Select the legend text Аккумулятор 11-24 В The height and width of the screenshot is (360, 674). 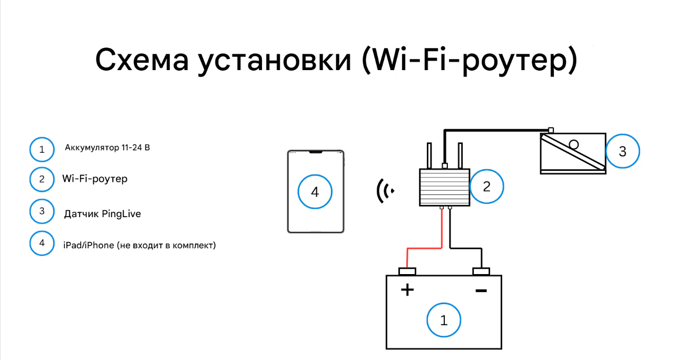coord(108,148)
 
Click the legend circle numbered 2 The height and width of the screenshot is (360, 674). coord(42,180)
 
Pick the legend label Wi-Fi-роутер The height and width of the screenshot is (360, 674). coord(95,179)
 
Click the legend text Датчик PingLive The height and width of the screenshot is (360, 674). coord(102,214)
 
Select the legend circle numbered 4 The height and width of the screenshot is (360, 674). coord(42,243)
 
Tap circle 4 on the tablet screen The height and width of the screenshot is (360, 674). coord(315,192)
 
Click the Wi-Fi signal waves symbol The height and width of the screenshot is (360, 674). coord(384,191)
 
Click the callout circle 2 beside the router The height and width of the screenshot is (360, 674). coord(487,186)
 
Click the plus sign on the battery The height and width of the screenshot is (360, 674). coord(407,289)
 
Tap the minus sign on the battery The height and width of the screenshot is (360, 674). coord(481,290)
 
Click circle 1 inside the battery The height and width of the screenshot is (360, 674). coord(444,320)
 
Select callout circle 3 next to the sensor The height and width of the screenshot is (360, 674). coord(622,151)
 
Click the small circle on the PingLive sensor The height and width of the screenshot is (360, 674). coord(574,144)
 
